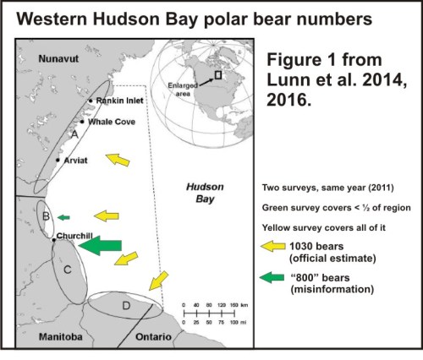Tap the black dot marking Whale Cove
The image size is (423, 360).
pos(82,122)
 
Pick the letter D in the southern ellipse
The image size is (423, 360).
pos(125,305)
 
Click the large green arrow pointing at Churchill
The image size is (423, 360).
pos(100,245)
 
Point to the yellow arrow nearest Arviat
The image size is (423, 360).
pos(118,159)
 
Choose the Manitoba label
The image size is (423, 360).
pos(63,336)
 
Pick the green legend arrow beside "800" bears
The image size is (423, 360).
pos(275,280)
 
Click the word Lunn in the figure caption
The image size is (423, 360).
pos(289,82)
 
